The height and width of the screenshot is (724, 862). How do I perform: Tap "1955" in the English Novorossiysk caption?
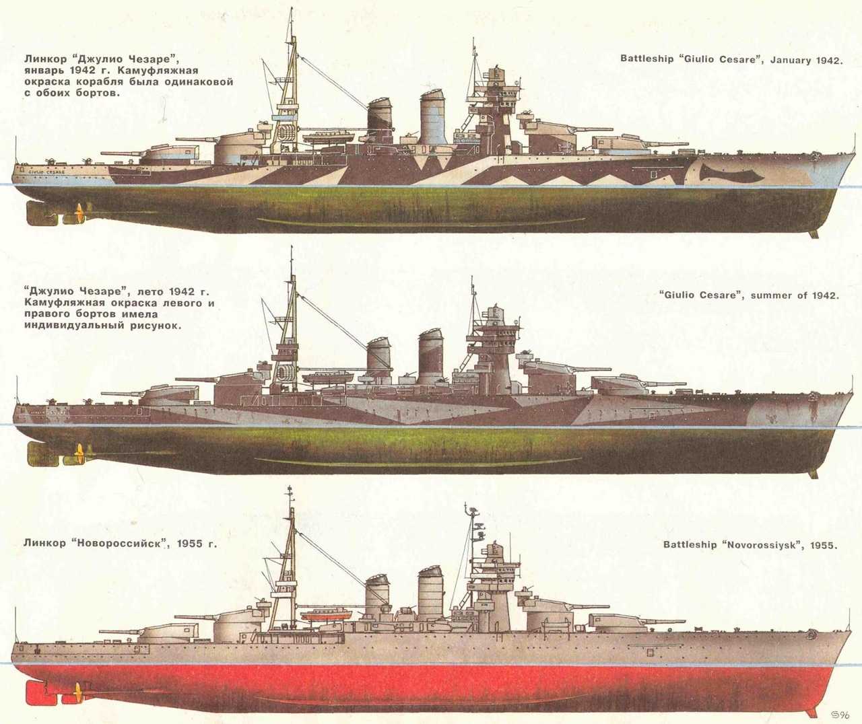coord(824,545)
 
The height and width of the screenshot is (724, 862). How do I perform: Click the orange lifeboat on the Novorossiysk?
coord(326,614)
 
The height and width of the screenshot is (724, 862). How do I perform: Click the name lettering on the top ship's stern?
coord(46,172)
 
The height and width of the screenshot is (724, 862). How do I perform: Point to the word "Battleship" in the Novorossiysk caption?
coord(690,545)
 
